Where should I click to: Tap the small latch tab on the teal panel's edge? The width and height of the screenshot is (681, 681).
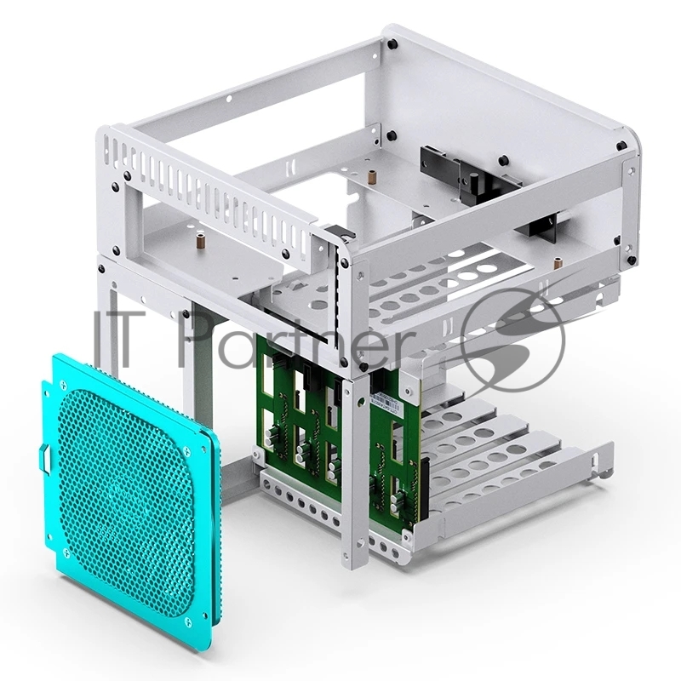click(x=45, y=459)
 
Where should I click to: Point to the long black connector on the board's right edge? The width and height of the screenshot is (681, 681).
click(x=417, y=494)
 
